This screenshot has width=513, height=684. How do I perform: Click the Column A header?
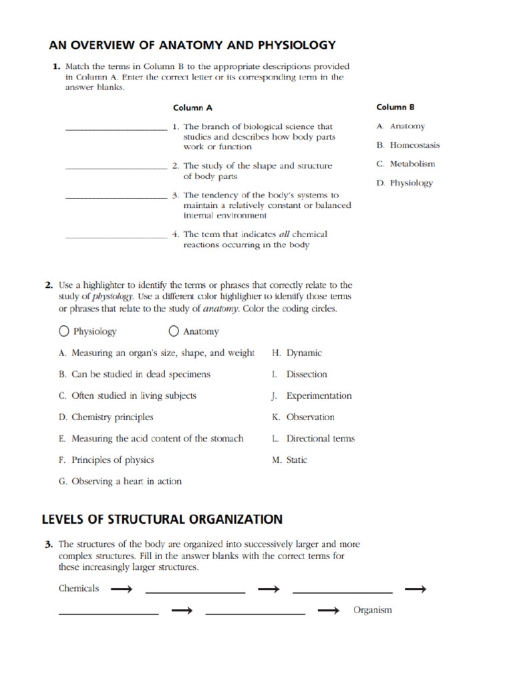pyautogui.click(x=192, y=108)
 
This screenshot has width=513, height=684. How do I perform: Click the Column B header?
pyautogui.click(x=395, y=107)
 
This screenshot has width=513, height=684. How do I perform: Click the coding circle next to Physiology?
pyautogui.click(x=64, y=331)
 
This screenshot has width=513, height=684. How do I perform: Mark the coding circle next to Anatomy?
pyautogui.click(x=174, y=331)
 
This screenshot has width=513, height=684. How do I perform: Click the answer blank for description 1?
pyautogui.click(x=116, y=130)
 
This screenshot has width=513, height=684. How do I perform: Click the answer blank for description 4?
pyautogui.click(x=116, y=237)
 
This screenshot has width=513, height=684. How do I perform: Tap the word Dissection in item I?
pyautogui.click(x=307, y=374)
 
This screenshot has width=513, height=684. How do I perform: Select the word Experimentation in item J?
pyautogui.click(x=319, y=395)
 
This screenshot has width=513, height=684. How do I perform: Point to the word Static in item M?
pyautogui.click(x=297, y=460)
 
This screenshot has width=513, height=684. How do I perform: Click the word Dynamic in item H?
pyautogui.click(x=304, y=353)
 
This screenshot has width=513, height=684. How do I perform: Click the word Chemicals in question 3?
pyautogui.click(x=79, y=588)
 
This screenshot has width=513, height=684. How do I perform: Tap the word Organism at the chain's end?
pyautogui.click(x=373, y=610)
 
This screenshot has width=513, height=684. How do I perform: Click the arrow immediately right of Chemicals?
pyautogui.click(x=122, y=589)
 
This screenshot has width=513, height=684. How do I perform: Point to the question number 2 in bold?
pyautogui.click(x=49, y=285)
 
